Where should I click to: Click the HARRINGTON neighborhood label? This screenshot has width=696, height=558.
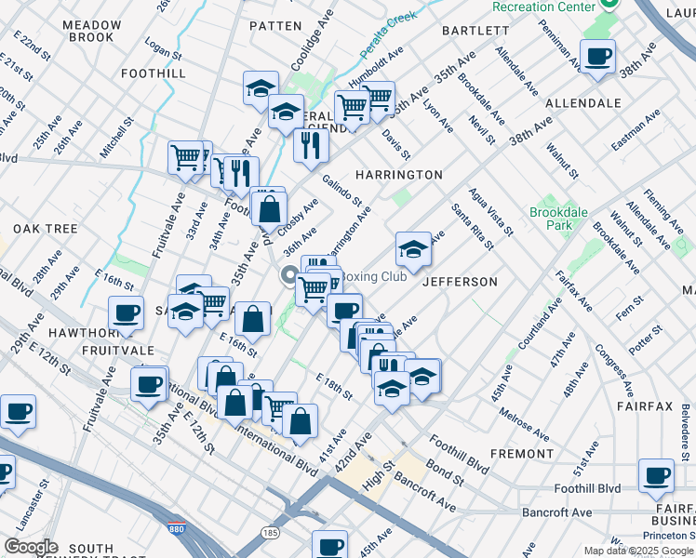(x=399, y=175)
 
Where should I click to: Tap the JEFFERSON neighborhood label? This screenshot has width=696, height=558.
(x=460, y=282)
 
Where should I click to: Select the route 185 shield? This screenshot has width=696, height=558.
(x=271, y=534)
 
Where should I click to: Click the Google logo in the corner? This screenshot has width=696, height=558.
(x=31, y=547)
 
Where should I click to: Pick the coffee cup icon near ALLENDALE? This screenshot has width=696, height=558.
(x=597, y=57)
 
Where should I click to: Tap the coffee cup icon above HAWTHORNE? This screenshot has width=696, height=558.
(x=126, y=313)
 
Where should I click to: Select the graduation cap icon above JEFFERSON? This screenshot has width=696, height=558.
(x=413, y=249)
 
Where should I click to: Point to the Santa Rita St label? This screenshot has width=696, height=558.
(x=472, y=227)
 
